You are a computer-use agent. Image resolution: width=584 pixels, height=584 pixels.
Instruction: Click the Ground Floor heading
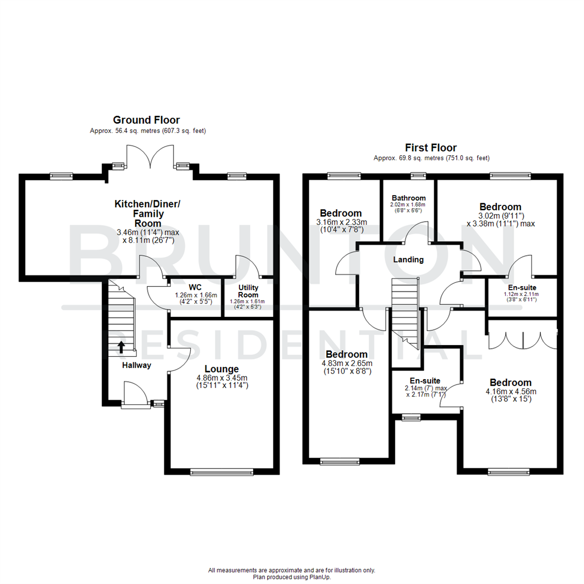[x=146, y=120]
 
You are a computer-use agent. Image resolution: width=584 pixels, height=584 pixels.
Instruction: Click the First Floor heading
[x=431, y=148]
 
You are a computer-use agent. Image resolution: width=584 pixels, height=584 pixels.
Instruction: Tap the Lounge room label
[x=221, y=369]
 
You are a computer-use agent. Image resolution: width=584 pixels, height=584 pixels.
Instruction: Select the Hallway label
[x=136, y=366]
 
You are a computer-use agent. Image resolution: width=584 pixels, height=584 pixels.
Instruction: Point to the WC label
[x=195, y=288]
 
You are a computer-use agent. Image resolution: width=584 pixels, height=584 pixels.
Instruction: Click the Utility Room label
[x=248, y=291]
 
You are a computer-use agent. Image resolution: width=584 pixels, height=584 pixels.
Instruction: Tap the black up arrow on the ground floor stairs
[x=121, y=346]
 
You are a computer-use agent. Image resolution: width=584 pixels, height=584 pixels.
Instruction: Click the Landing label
[x=408, y=260]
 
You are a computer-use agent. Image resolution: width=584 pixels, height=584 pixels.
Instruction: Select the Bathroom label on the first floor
[x=409, y=198]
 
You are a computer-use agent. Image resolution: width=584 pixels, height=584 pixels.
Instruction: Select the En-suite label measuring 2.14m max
[x=424, y=381]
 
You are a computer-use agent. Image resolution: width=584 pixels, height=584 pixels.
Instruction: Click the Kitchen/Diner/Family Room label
[x=148, y=213]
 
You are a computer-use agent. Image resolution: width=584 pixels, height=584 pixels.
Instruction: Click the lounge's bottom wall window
[x=221, y=472]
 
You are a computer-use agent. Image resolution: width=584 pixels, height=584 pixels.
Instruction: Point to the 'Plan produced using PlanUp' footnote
[x=291, y=577]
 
